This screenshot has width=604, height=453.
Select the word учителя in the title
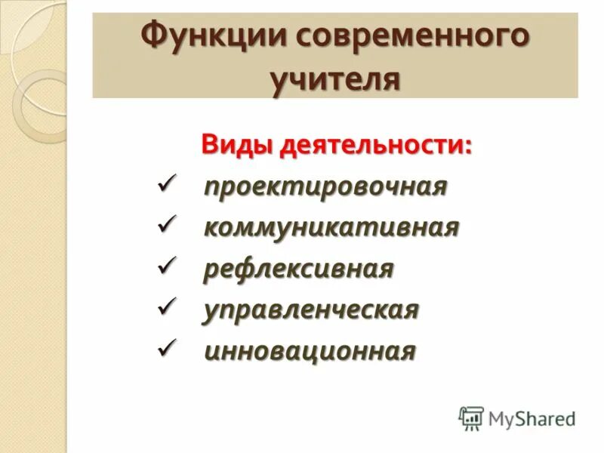pyautogui.click(x=335, y=78)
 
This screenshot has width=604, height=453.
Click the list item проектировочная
pyautogui.click(x=325, y=186)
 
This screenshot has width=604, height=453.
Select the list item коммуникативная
pyautogui.click(x=331, y=227)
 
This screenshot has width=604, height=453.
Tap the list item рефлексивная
pyautogui.click(x=298, y=269)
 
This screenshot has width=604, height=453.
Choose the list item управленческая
pyautogui.click(x=310, y=310)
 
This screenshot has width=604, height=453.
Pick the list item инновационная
pyautogui.click(x=310, y=350)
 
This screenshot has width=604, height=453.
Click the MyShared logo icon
pyautogui.click(x=471, y=418)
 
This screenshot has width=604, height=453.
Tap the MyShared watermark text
pyautogui.click(x=532, y=418)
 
